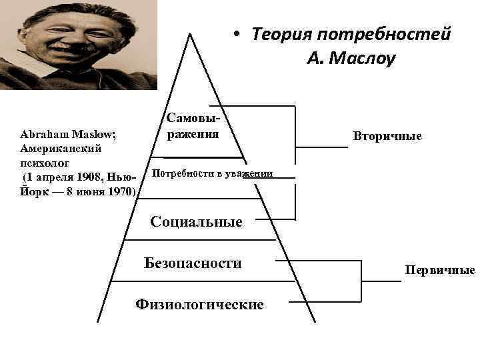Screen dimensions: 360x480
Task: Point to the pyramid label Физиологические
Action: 199,305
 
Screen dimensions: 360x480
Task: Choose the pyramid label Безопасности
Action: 193,263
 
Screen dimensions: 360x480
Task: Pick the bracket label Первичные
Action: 439,270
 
